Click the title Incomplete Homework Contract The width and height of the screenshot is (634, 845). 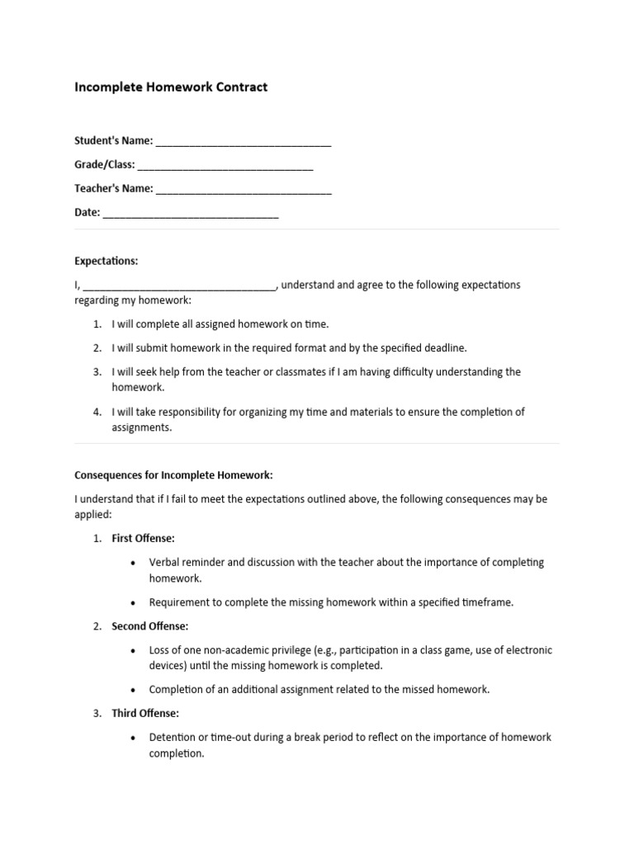pyautogui.click(x=171, y=87)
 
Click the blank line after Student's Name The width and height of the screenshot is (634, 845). pyautogui.click(x=244, y=143)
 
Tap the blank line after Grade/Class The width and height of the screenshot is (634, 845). pyautogui.click(x=225, y=167)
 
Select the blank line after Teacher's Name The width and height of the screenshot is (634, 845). pyautogui.click(x=244, y=191)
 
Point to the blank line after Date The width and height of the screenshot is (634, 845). pyautogui.click(x=191, y=215)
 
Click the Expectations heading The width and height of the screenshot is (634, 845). pyautogui.click(x=106, y=261)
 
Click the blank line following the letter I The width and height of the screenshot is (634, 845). pyautogui.click(x=178, y=287)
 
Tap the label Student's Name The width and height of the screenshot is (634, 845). pyautogui.click(x=113, y=141)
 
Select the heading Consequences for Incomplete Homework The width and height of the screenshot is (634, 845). pyautogui.click(x=173, y=475)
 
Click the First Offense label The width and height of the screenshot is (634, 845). pyautogui.click(x=143, y=538)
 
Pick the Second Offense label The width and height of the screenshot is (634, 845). pyautogui.click(x=149, y=626)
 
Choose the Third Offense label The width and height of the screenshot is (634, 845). pyautogui.click(x=145, y=713)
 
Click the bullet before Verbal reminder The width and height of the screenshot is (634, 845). pyautogui.click(x=134, y=563)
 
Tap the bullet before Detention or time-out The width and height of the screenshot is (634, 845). pyautogui.click(x=134, y=738)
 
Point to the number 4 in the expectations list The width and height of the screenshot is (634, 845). pyautogui.click(x=97, y=412)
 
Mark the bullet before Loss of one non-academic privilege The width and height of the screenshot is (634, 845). pyautogui.click(x=134, y=650)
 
